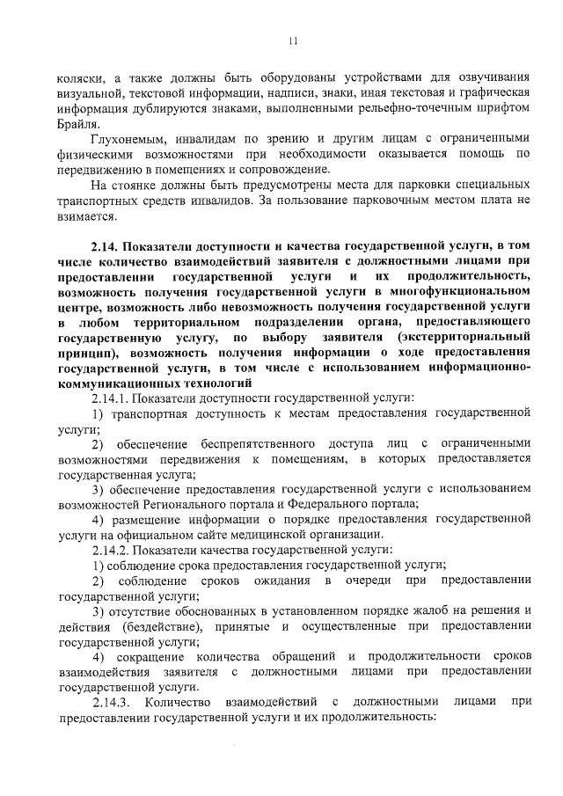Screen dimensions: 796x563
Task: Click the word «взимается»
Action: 84,215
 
